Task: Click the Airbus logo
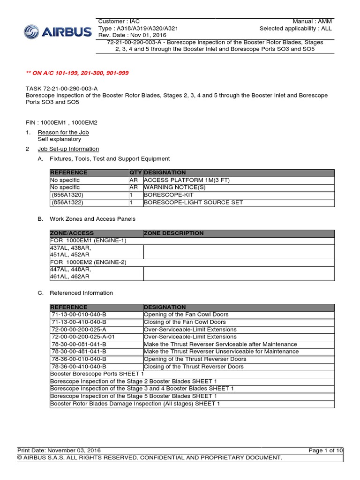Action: click(58, 32)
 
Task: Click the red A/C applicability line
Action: click(77, 73)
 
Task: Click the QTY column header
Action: click(135, 172)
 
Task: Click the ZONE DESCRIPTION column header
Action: click(173, 233)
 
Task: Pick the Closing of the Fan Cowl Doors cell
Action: click(185, 322)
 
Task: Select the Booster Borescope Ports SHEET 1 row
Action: click(97, 374)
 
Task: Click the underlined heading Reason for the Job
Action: click(63, 132)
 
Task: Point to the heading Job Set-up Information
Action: click(68, 149)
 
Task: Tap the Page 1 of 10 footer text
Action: click(326, 450)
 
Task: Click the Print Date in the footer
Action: click(59, 450)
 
